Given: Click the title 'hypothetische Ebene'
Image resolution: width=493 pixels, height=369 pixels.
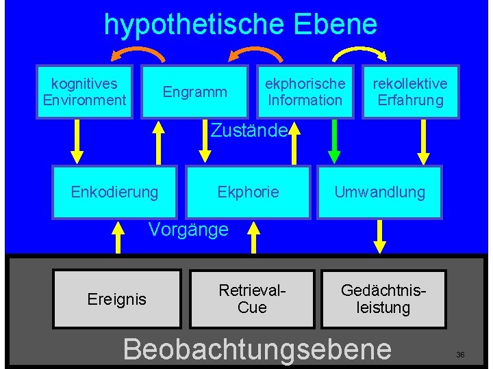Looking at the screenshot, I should click(240, 25).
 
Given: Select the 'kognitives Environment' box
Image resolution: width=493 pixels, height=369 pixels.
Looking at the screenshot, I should click(85, 92).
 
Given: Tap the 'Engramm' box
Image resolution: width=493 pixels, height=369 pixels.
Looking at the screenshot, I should click(194, 92).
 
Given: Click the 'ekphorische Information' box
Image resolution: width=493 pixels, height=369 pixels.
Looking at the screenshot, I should click(305, 92).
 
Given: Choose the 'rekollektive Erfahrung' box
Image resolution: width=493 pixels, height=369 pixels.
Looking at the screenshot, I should click(409, 92).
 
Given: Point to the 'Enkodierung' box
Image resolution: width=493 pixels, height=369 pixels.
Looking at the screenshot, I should click(114, 192).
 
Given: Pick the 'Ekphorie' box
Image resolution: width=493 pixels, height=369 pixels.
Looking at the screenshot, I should click(248, 192).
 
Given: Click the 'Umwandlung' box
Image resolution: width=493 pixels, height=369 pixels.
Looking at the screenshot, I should click(379, 192).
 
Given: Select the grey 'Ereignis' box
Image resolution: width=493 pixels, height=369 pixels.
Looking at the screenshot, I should click(117, 299).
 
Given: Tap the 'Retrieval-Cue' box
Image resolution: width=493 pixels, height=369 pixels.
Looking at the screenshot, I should click(251, 299).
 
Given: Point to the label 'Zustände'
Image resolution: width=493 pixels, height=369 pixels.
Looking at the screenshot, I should click(248, 130).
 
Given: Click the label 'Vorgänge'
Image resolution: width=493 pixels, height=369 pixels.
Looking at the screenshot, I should click(188, 230).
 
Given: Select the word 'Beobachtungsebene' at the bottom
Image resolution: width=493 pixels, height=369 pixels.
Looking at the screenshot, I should click(257, 348).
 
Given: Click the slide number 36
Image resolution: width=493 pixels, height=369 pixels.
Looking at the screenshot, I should click(460, 355).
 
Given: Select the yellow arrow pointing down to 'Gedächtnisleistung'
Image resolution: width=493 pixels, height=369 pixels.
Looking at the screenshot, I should click(379, 236).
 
